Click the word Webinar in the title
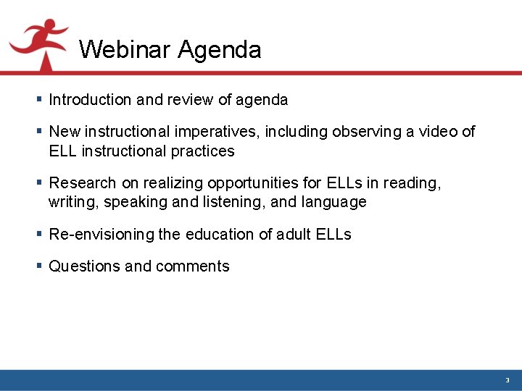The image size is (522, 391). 125,50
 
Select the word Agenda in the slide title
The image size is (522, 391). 219,50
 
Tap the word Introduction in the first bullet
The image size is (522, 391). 90,100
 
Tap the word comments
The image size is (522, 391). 192,266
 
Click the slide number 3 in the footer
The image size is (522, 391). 507,380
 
